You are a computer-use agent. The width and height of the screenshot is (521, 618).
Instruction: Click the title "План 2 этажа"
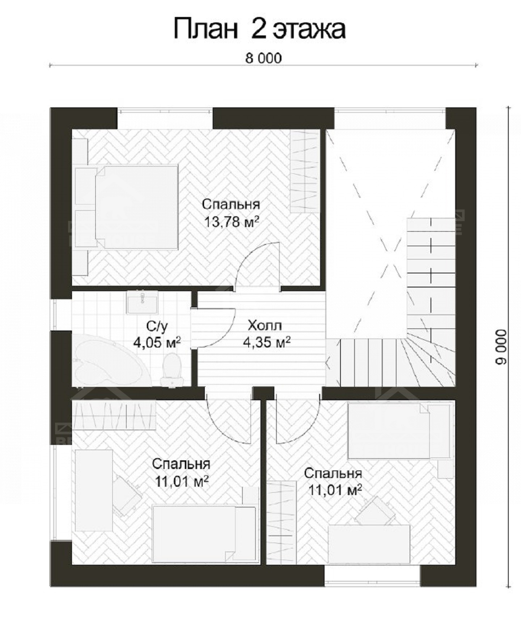pyautogui.click(x=259, y=30)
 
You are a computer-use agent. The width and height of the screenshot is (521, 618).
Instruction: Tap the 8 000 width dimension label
pyautogui.click(x=263, y=58)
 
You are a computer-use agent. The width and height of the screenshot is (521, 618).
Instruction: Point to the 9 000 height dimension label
pyautogui.click(x=502, y=347)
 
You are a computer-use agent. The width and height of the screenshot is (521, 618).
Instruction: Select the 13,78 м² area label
pyautogui.click(x=232, y=222)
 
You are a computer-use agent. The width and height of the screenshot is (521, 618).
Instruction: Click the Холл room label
pyautogui.click(x=264, y=326)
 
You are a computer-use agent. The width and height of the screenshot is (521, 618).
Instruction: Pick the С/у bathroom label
pyautogui.click(x=157, y=327)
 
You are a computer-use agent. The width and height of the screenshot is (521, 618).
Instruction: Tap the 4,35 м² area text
pyautogui.click(x=267, y=342)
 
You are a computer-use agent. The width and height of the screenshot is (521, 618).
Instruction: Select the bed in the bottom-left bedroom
pyautogui.click(x=204, y=534)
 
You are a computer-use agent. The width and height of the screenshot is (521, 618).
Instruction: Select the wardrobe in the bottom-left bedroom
pyautogui.click(x=114, y=414)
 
